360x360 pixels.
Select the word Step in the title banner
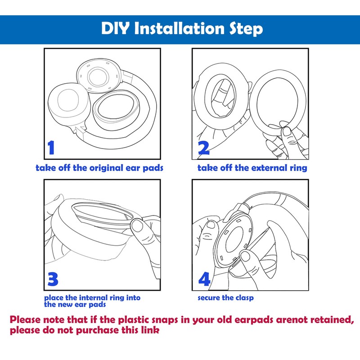(246, 29)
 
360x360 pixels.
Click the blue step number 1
(51, 148)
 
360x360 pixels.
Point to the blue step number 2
(204, 148)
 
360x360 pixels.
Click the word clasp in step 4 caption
(245, 298)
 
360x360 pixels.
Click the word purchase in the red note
(97, 330)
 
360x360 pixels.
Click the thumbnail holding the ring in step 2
(287, 131)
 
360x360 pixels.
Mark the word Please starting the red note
(25, 319)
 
